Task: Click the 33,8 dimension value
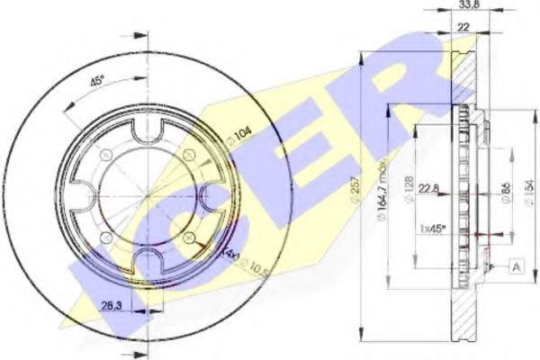[467, 6]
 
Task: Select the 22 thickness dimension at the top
[463, 30]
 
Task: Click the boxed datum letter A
[517, 266]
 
